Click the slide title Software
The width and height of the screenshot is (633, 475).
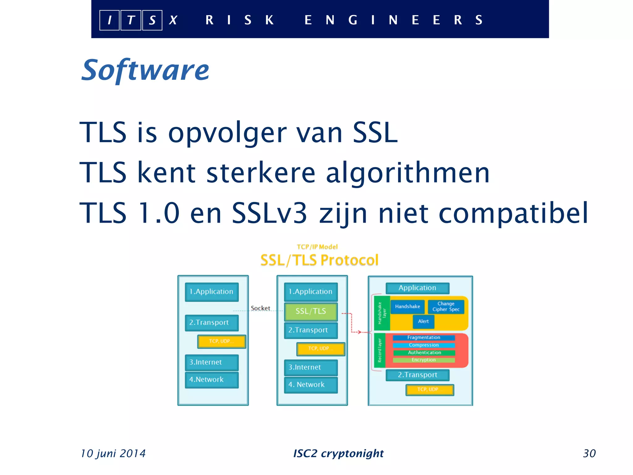[x=145, y=71]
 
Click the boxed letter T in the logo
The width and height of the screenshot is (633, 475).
[x=131, y=20]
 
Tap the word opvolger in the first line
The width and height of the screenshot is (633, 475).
[x=227, y=133]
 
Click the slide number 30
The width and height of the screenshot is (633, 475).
[x=589, y=453]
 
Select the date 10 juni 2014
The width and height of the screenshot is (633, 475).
[x=113, y=453]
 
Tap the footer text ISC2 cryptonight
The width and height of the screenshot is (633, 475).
[x=338, y=453]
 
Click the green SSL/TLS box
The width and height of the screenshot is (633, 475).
[x=311, y=311]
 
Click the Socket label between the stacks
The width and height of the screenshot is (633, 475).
[x=260, y=308]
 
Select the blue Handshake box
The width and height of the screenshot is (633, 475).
[x=407, y=306]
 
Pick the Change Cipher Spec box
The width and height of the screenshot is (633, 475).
[x=446, y=306]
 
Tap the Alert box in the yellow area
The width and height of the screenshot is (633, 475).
[x=423, y=321]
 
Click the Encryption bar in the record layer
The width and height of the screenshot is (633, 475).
[x=423, y=360]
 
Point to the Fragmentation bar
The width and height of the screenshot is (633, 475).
[x=423, y=337]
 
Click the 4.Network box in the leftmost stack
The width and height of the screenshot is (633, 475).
[x=212, y=379]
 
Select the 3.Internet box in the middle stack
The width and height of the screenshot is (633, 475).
[x=311, y=367]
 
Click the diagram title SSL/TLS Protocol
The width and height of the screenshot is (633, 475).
[x=319, y=260]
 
